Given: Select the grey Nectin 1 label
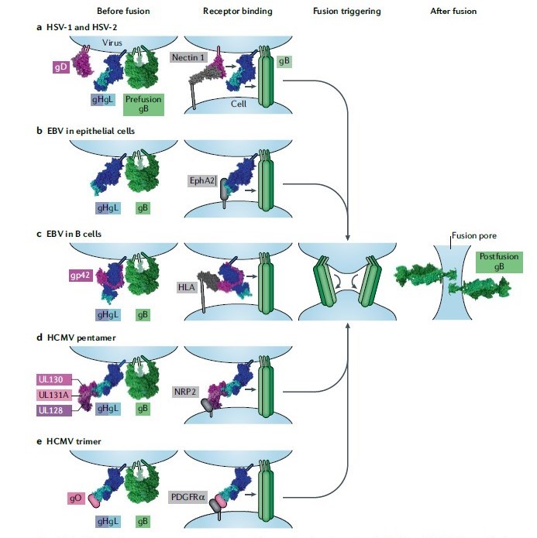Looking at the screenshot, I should pyautogui.click(x=188, y=57).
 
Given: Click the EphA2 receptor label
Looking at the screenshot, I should pyautogui.click(x=202, y=180).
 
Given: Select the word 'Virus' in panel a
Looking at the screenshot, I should pyautogui.click(x=124, y=44).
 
